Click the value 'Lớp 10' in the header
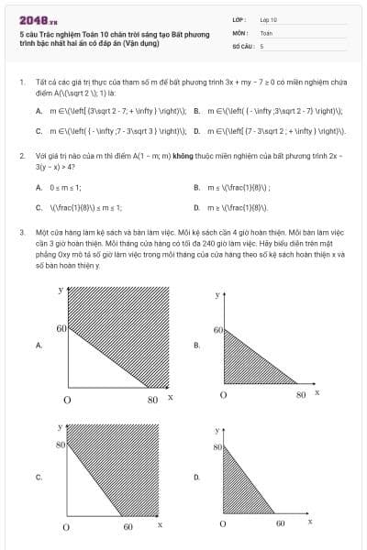[x=268, y=18]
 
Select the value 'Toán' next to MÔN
[x=266, y=31]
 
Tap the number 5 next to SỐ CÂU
[x=261, y=44]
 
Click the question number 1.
[x=21, y=82]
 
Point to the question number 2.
[x=21, y=156]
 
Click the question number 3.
[x=21, y=233]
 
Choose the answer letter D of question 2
[x=196, y=207]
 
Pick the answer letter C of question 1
[x=39, y=130]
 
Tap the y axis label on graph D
[x=218, y=430]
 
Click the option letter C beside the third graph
[x=39, y=477]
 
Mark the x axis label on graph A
[x=171, y=396]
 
